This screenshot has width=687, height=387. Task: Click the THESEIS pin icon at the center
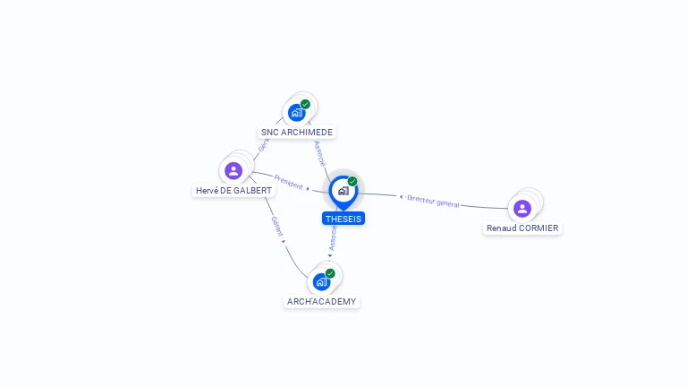[343, 191]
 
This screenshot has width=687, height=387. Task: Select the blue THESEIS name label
[343, 219]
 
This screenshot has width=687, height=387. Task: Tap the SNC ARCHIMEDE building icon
[296, 113]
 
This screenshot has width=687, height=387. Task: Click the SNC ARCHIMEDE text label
[296, 133]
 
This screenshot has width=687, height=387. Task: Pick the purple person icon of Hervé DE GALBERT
[233, 170]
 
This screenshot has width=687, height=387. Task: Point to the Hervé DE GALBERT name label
[234, 191]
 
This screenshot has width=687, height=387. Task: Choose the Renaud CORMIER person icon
[522, 208]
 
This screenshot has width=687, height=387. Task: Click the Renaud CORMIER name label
[522, 228]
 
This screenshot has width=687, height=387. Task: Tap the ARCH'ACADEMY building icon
[321, 281]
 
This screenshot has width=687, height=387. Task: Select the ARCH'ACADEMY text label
[321, 302]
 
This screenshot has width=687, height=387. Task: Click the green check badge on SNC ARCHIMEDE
[305, 105]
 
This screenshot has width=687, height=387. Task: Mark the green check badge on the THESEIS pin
[352, 182]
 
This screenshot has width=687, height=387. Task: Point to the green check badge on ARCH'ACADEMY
[330, 273]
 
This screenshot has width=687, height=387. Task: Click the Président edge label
[288, 181]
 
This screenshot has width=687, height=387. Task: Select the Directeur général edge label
[433, 201]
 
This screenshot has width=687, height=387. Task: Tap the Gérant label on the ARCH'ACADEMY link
[276, 226]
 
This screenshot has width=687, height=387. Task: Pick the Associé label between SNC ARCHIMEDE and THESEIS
[320, 152]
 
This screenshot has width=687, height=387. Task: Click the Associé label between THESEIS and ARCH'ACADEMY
[333, 236]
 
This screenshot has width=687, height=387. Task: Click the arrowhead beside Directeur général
[401, 196]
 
